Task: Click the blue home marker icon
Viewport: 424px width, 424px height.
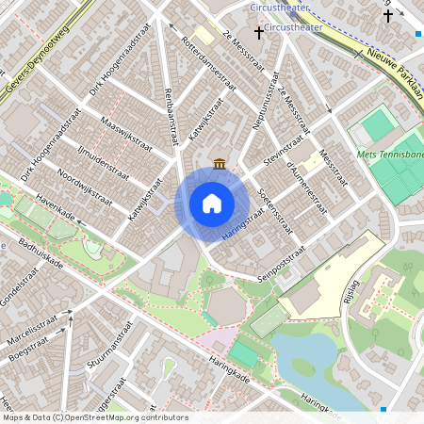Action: pos(212,203)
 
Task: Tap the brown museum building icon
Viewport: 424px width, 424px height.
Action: pos(220,163)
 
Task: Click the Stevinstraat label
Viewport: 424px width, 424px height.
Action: pos(287,151)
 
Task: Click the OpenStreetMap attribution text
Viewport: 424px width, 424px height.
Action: pos(94,417)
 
